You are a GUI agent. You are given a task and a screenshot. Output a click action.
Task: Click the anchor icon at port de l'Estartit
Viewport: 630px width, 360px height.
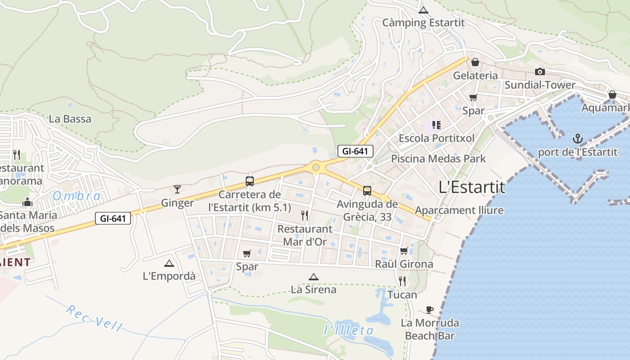[x=578, y=139]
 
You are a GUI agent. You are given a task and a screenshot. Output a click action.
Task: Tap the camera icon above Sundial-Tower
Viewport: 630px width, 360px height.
[x=540, y=72]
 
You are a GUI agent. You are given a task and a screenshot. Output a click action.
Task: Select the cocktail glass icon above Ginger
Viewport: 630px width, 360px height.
[x=177, y=189]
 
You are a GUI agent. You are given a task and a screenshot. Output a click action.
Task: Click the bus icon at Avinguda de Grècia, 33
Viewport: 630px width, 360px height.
[x=367, y=191]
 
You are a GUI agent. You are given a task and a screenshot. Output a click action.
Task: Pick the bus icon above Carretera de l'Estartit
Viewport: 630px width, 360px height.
[x=250, y=181]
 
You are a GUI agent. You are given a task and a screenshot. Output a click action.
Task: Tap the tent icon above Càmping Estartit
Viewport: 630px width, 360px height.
[x=423, y=10]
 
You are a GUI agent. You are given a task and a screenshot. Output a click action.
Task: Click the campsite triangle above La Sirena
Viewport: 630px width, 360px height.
[x=314, y=277]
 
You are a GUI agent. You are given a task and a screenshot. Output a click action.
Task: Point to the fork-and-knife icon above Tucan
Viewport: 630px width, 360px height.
[x=402, y=281]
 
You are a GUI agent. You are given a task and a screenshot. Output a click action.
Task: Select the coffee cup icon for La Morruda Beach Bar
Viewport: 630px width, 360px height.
[x=430, y=310]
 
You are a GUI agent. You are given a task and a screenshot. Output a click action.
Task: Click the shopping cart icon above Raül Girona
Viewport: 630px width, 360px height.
[x=404, y=251]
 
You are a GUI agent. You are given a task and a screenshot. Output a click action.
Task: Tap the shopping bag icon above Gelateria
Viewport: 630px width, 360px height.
[x=475, y=62]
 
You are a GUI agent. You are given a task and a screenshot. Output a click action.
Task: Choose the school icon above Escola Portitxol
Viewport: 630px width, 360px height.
[x=436, y=125]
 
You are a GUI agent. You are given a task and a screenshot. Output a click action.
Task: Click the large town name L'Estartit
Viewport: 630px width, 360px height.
[x=472, y=187]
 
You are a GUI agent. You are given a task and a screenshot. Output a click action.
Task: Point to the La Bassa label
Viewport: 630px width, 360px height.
[x=70, y=119]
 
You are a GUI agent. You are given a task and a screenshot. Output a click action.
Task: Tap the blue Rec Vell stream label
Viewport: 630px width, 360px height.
[x=94, y=318]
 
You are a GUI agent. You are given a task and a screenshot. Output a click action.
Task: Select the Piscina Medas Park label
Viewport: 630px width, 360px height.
[x=438, y=158]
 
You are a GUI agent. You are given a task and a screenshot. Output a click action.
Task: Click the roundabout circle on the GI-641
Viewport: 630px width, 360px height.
[x=316, y=168]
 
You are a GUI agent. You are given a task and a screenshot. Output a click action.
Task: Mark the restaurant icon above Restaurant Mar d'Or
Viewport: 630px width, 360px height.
[x=305, y=216]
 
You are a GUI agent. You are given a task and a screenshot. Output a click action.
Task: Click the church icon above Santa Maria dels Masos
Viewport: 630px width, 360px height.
[x=27, y=202]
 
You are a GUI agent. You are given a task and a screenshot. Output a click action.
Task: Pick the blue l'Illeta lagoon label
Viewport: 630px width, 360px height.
[x=349, y=331]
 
